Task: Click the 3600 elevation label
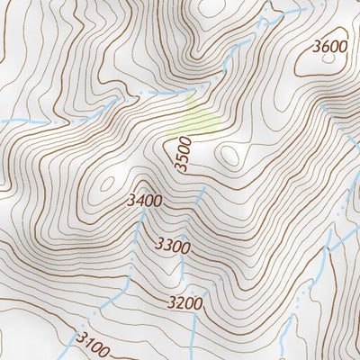coord(328,46)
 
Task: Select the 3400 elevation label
coord(145,201)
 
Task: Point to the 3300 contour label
coord(173,245)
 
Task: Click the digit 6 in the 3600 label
coord(321,46)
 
